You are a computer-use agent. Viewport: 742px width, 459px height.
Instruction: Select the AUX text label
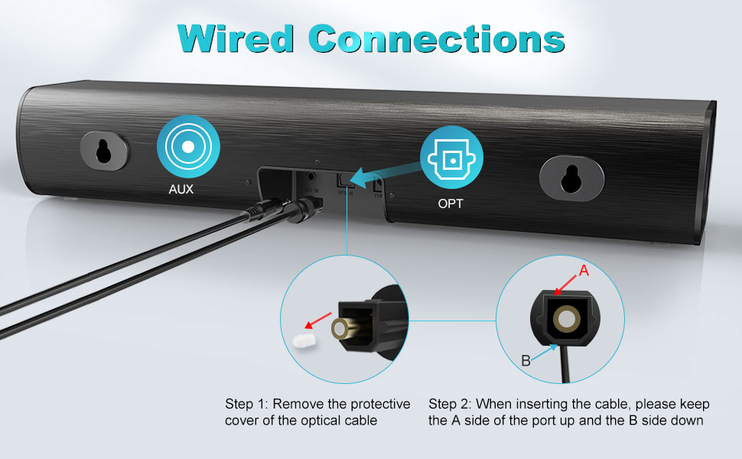(x=181, y=189)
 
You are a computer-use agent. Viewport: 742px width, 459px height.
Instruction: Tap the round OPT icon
(x=451, y=158)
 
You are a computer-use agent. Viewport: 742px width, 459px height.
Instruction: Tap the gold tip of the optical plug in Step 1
(x=339, y=330)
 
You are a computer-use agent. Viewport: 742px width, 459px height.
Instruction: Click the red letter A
(x=584, y=270)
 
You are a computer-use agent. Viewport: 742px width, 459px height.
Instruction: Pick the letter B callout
(x=526, y=361)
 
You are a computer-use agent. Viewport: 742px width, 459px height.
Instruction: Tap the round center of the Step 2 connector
(x=567, y=320)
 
